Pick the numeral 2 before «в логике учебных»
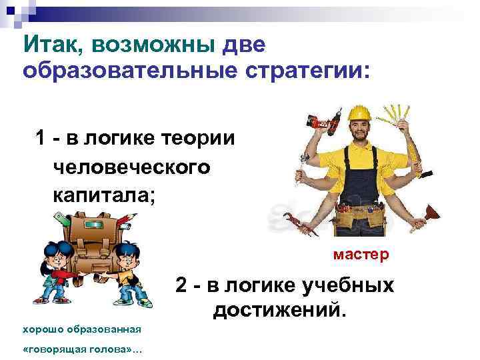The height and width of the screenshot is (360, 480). pos(182,285)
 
